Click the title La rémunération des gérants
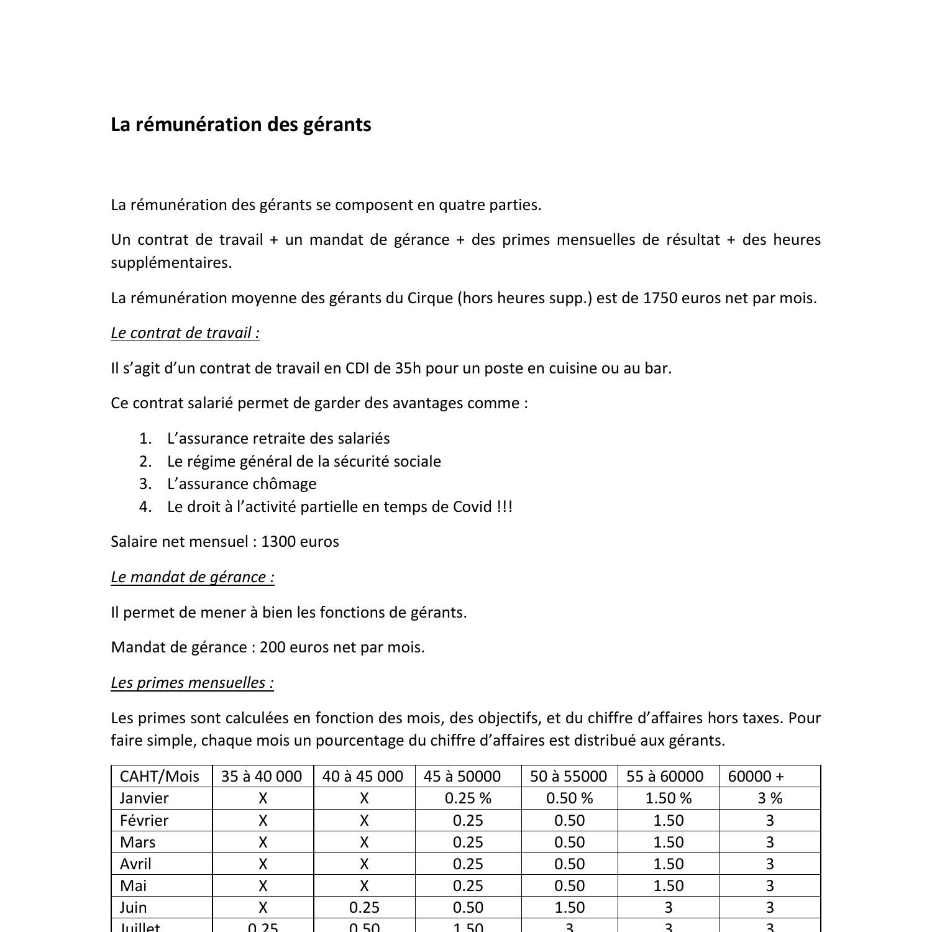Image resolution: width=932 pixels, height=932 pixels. click(241, 124)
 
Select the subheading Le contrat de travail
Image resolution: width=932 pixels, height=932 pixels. click(185, 333)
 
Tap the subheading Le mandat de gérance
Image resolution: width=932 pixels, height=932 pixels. click(193, 577)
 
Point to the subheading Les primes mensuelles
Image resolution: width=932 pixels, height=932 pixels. click(193, 683)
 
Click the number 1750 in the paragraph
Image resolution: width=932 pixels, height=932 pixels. click(660, 298)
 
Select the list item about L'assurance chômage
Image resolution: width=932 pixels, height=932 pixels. click(242, 484)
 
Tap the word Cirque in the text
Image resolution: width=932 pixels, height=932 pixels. click(430, 298)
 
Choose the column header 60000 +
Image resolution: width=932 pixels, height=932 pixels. click(756, 777)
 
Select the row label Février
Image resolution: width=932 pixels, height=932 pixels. click(144, 821)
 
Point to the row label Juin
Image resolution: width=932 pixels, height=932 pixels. click(133, 908)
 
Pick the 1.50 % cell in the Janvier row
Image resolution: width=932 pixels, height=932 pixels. click(668, 798)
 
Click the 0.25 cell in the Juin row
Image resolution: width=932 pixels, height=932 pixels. click(364, 908)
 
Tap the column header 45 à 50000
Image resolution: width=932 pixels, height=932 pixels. click(462, 777)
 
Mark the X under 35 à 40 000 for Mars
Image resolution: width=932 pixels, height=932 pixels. click(263, 843)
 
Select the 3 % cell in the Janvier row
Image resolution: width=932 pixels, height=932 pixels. click(770, 798)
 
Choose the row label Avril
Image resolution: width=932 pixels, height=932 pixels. click(135, 864)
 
